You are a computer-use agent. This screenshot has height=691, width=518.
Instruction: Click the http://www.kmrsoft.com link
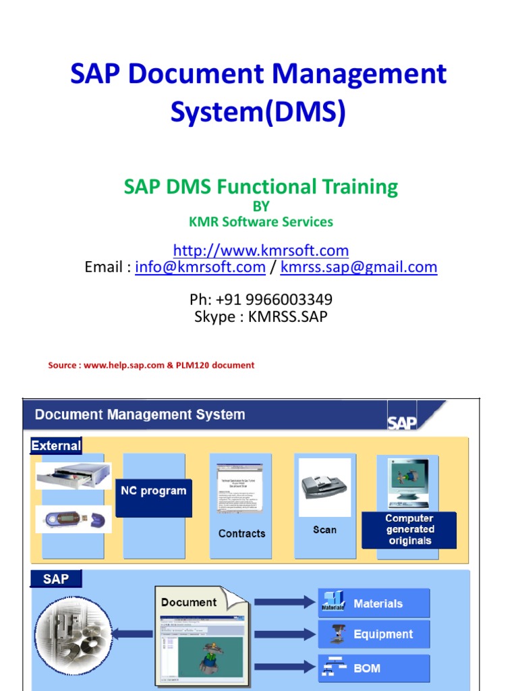point(261,251)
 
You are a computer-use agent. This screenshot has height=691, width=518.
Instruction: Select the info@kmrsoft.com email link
point(200,267)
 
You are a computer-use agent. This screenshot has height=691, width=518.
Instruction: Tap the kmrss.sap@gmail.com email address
point(359,267)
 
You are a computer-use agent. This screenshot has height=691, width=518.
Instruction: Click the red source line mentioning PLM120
point(151,365)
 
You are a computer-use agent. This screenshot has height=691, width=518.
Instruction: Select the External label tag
point(57,445)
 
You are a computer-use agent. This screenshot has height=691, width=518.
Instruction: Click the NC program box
point(153,491)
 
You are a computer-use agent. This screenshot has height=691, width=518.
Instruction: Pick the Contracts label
point(241,533)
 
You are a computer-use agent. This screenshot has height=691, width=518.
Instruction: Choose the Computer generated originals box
point(409,530)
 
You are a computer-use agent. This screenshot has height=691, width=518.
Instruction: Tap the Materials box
point(374,603)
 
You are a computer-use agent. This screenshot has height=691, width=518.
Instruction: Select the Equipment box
point(374,634)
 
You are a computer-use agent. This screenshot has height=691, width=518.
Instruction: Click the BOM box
point(374,668)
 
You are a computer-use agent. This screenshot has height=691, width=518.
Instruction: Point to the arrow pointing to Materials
point(284,602)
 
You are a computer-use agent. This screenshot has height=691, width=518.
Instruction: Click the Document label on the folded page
point(189,603)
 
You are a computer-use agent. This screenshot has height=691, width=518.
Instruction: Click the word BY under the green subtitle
point(261,206)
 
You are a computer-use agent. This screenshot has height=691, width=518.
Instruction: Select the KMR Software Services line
point(261,222)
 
